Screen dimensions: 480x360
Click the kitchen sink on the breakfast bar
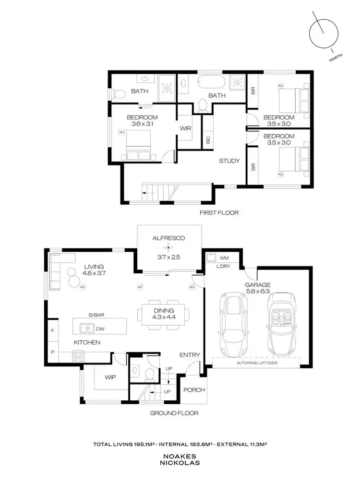tap(87, 328)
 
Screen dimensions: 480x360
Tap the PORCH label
tap(194, 390)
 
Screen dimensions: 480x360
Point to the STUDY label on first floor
tap(229, 161)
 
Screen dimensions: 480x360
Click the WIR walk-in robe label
tap(186, 129)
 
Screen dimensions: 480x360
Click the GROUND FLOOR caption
tap(174, 413)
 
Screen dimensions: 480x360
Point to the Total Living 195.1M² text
tap(130, 445)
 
